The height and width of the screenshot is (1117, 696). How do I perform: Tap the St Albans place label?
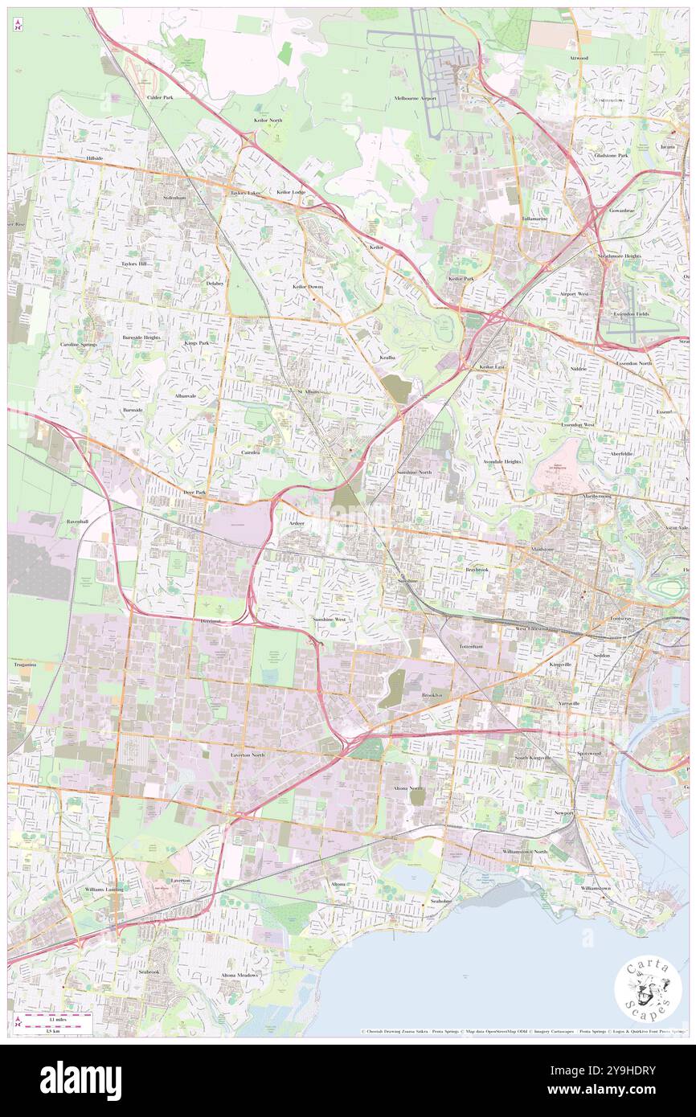pos(309,391)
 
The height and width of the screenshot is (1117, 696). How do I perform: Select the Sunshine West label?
pos(330,620)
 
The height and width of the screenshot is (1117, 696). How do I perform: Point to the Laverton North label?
pos(248,755)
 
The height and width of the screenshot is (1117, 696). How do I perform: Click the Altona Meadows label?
pos(240,975)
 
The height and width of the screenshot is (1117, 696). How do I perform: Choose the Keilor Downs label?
pos(308,286)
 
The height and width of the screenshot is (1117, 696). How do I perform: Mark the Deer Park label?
pos(195,491)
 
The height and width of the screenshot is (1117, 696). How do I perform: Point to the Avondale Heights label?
pos(502,461)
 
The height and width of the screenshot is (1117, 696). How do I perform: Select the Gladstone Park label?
pos(611,154)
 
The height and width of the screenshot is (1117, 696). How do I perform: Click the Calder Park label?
pos(160,97)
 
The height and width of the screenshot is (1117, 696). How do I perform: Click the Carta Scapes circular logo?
pos(648,989)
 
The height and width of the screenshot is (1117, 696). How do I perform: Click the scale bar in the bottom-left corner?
pos(56,1022)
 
